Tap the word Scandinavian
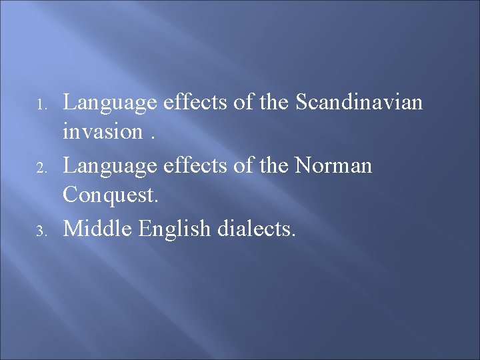click(359, 103)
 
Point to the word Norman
click(333, 165)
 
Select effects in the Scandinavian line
click(195, 103)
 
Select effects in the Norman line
click(195, 165)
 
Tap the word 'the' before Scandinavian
click(272, 103)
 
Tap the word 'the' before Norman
click(272, 165)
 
